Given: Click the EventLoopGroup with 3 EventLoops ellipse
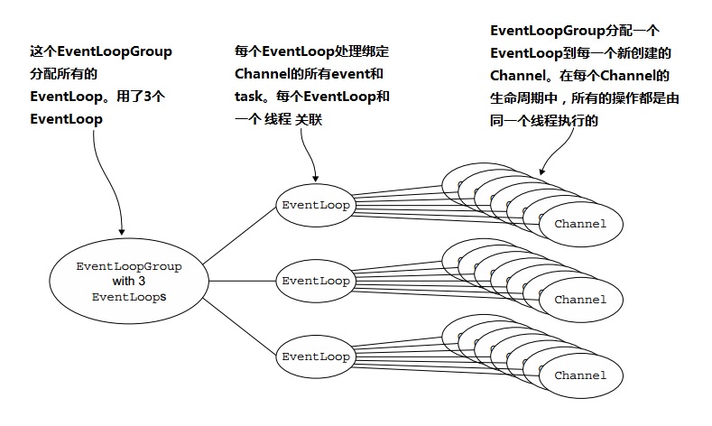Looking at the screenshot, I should [x=129, y=281].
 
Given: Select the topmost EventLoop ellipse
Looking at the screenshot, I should [x=316, y=205].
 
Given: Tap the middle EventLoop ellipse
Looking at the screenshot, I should [x=316, y=281].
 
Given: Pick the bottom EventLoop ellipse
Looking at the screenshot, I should [x=316, y=357].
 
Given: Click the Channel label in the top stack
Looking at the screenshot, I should [x=580, y=223].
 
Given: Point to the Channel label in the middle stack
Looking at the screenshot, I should [x=580, y=299].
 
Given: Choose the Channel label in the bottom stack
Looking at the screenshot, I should [x=580, y=375].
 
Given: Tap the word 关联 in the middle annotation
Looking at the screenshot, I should [x=309, y=120].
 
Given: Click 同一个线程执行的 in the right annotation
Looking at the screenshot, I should [x=544, y=119].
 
